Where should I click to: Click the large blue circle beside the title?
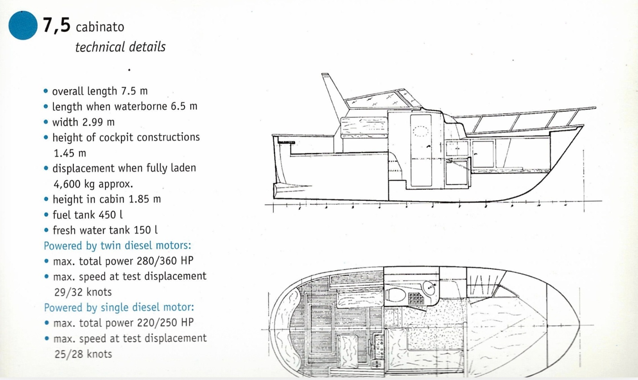pos(23,25)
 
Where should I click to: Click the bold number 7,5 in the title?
pos(57,25)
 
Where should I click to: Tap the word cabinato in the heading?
pos(100,27)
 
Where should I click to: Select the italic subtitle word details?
pos(147,47)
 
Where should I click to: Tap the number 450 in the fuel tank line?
pos(106,215)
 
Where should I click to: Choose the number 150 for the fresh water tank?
pos(142,230)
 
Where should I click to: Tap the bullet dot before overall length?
pos(46,91)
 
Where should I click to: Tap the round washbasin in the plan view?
pos(430,287)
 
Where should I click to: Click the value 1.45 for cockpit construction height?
pos(70,153)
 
